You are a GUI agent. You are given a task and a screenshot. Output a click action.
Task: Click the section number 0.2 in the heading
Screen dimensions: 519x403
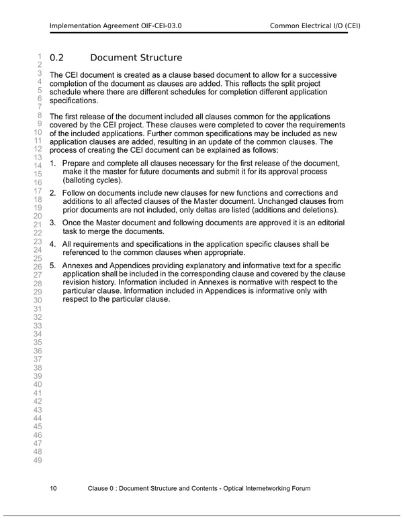[x=56, y=58]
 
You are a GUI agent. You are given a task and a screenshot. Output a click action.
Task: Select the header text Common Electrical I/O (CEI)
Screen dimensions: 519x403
[x=315, y=26]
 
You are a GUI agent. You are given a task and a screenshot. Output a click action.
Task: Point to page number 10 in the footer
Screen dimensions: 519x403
[x=54, y=488]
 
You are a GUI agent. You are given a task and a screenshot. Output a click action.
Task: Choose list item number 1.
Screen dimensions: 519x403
[x=53, y=164]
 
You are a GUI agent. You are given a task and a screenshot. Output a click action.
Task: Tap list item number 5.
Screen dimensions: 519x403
[x=53, y=265]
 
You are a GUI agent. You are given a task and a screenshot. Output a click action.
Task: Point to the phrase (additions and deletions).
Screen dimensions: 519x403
[x=295, y=209]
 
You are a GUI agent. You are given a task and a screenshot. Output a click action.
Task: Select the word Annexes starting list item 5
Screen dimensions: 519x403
[x=78, y=265]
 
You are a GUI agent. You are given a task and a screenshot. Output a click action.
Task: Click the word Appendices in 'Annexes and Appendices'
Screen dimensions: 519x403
[x=133, y=265]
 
